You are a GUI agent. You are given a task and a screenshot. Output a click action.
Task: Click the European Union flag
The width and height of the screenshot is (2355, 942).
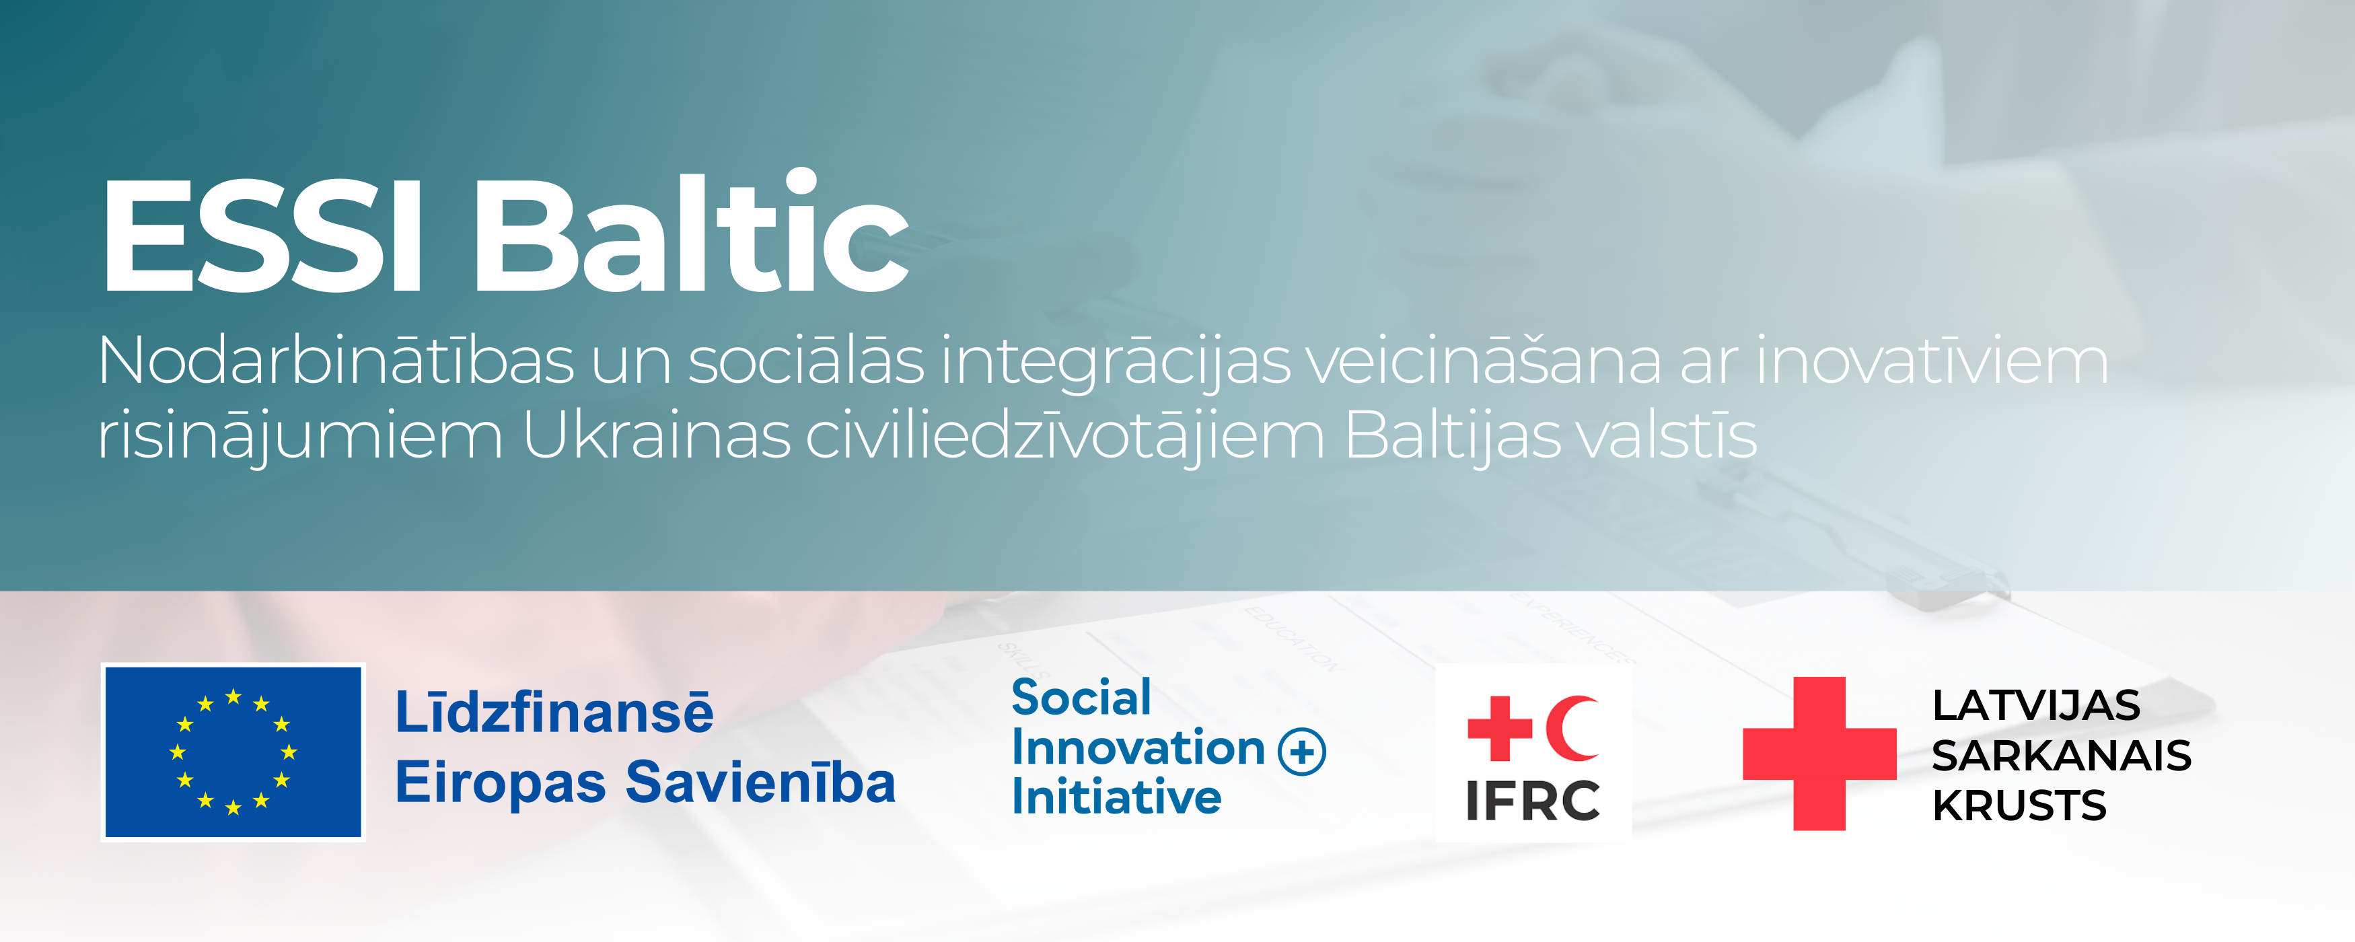point(233,752)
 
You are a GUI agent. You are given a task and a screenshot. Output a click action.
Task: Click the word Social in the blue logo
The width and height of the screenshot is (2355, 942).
point(1081,698)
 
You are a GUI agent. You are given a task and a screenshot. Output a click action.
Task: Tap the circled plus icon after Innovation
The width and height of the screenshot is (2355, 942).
point(1302,752)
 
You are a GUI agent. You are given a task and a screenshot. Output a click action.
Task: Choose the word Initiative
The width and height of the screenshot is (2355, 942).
point(1116,797)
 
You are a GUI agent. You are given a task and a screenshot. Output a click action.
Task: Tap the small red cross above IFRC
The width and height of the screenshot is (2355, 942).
point(1499,728)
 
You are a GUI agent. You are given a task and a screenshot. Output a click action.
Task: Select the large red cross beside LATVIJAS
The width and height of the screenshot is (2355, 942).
point(1819,754)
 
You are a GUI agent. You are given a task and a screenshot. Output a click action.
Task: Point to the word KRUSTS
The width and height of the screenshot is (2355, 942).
point(2019,805)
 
